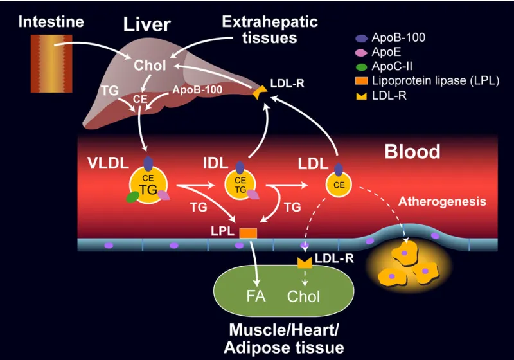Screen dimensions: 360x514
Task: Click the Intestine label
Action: pos(51,21)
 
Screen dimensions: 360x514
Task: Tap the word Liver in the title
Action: pos(147,25)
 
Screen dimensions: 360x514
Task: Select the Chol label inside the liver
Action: pos(150,66)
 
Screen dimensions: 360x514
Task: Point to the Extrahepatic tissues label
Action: pos(269,30)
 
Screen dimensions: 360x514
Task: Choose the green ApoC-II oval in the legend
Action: pos(362,67)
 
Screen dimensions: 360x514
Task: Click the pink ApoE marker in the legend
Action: pos(362,52)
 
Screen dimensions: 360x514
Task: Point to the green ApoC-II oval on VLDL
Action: pos(133,197)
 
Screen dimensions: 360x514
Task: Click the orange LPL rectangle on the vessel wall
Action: pos(248,233)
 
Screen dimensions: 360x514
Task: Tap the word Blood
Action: pos(412,152)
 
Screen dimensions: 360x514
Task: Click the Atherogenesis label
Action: pos(442,202)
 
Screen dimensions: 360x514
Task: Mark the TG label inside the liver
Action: pos(110,91)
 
